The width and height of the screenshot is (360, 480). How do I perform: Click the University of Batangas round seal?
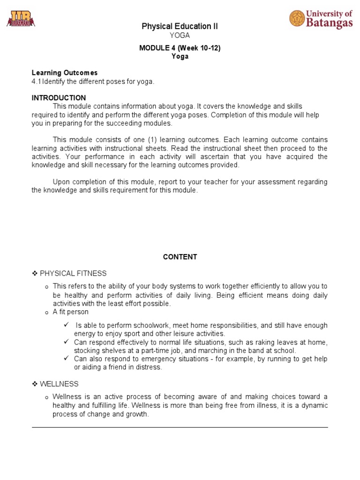point(297,19)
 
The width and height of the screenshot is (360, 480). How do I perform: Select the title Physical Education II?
point(180,27)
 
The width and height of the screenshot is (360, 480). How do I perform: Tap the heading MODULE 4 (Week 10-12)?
point(180,48)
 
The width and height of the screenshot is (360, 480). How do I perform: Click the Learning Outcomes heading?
point(64,73)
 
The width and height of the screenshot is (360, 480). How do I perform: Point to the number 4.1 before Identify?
point(37,82)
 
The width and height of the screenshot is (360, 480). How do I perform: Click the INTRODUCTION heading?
point(59,98)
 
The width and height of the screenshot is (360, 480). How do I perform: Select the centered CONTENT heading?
point(180,257)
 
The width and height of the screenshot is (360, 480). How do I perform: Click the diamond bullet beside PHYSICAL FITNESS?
point(34,273)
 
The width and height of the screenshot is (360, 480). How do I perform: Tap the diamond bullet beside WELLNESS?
point(34,384)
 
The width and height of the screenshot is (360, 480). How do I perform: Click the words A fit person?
point(70,312)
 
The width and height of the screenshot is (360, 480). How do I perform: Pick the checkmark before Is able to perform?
point(67,325)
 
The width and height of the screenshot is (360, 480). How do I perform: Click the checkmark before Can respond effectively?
point(67,342)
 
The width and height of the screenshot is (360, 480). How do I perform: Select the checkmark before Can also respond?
point(67,359)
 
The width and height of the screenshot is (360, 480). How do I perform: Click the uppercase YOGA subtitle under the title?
point(180,36)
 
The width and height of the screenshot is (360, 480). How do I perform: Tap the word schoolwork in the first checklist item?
point(149,325)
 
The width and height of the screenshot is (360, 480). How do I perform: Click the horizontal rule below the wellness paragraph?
point(180,427)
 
